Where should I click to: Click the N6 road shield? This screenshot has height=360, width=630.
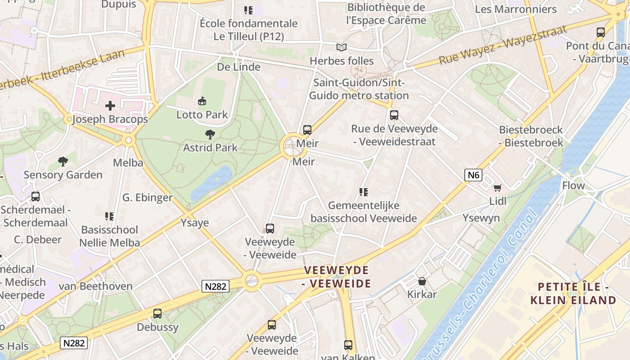473,175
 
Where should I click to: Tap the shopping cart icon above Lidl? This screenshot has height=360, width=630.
497,188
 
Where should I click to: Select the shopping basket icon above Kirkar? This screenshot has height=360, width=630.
422,281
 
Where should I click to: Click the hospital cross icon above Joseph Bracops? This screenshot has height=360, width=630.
110,106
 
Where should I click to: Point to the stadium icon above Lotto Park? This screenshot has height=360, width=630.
202,101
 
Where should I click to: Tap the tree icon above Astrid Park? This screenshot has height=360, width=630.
210,134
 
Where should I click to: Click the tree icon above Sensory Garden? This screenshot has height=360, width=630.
63,162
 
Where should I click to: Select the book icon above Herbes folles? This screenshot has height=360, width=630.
342,47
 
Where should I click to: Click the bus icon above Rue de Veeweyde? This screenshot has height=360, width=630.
394,115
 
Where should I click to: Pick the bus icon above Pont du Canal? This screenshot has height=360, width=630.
601,32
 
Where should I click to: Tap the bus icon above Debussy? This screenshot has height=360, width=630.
157,314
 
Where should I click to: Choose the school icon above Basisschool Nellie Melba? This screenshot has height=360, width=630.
109,216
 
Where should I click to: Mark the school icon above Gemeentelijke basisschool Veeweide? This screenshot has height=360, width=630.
364,193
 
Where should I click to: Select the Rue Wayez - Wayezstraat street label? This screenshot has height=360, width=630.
503,45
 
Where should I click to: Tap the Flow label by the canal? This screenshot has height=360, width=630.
573,185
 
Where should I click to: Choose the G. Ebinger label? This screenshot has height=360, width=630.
147,198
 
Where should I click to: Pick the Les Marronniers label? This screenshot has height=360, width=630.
516,9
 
